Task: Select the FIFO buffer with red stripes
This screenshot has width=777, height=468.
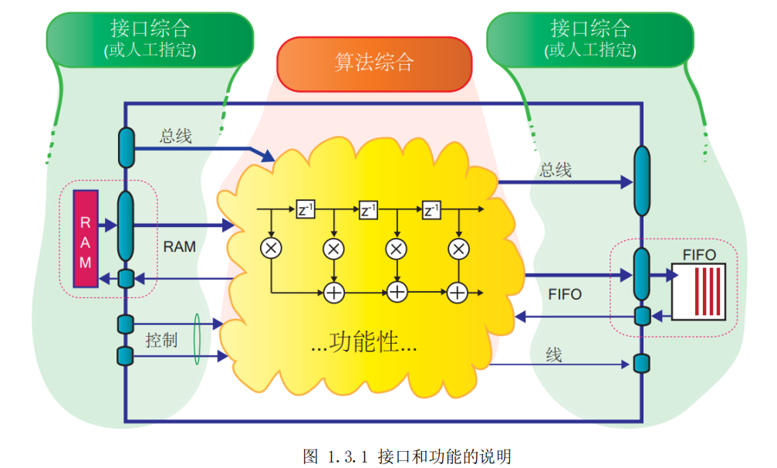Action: pos(698,291)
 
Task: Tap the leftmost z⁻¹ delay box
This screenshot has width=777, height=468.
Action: pos(306,209)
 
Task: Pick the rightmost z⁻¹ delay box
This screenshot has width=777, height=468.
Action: pos(432,209)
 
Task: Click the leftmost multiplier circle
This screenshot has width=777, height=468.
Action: pos(272,249)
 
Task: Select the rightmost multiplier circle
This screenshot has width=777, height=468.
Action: pos(458,249)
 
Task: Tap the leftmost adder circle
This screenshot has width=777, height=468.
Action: pos(333,292)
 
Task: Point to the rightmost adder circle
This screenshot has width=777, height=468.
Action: pos(458,292)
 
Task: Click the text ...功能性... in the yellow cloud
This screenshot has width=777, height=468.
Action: pos(363,342)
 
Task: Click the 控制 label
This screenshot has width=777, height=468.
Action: pos(161,340)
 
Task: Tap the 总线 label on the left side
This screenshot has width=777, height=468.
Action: pos(176,136)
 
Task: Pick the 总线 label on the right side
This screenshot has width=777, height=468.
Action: pos(556,170)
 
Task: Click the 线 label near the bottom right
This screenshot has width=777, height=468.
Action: pos(554,354)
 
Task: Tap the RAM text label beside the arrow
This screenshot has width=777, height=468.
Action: pos(179,247)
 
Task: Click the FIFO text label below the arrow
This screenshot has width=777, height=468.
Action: pos(565,294)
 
